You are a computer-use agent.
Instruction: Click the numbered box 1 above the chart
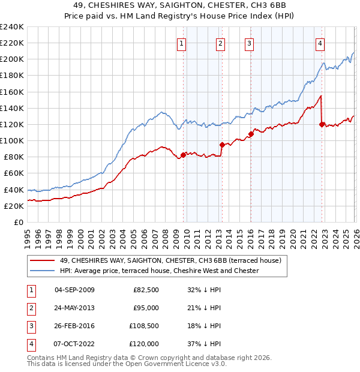coord(181,43)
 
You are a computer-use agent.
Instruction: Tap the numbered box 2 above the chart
coord(220,43)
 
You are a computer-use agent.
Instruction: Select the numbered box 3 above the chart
coord(249,43)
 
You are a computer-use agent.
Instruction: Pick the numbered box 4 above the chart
coord(320,43)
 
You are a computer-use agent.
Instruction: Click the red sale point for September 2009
coord(183,155)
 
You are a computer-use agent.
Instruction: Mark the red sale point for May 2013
coord(222,145)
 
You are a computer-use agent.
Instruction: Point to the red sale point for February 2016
coord(251,134)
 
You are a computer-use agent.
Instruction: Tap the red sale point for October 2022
coord(322,124)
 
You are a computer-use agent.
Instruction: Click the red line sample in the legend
coord(43,260)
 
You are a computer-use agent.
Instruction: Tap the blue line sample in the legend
coord(43,271)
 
